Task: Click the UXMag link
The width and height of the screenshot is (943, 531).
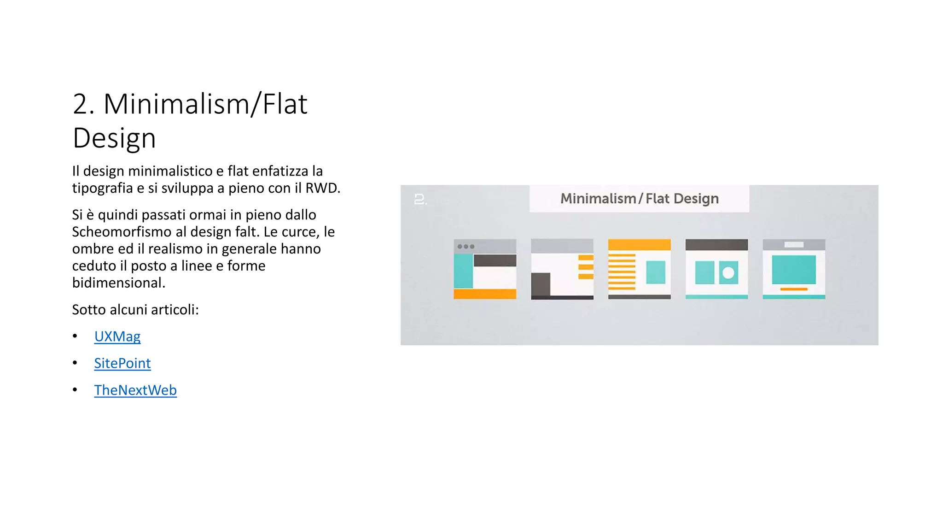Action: (117, 336)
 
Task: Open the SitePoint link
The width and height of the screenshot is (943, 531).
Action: (122, 363)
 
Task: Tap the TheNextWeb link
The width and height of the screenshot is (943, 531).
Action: (135, 390)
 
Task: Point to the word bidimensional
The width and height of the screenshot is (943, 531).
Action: (118, 283)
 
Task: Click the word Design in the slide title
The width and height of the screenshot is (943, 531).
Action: (114, 138)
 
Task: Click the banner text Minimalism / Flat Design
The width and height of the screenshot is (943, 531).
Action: (639, 199)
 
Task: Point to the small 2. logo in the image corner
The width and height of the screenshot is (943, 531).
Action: (420, 200)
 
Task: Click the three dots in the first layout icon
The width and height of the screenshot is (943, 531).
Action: (466, 247)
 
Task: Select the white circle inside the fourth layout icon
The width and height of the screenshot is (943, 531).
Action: (728, 272)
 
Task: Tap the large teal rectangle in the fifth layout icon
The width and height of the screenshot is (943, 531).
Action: (793, 270)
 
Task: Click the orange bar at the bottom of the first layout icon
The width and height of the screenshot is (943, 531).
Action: (484, 294)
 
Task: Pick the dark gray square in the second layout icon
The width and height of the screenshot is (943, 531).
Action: (541, 284)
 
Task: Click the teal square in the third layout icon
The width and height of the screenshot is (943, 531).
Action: (655, 272)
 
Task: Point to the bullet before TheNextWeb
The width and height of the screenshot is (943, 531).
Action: (75, 390)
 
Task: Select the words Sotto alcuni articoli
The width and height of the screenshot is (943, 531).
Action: (135, 309)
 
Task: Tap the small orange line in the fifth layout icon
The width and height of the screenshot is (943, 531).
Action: (793, 289)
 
